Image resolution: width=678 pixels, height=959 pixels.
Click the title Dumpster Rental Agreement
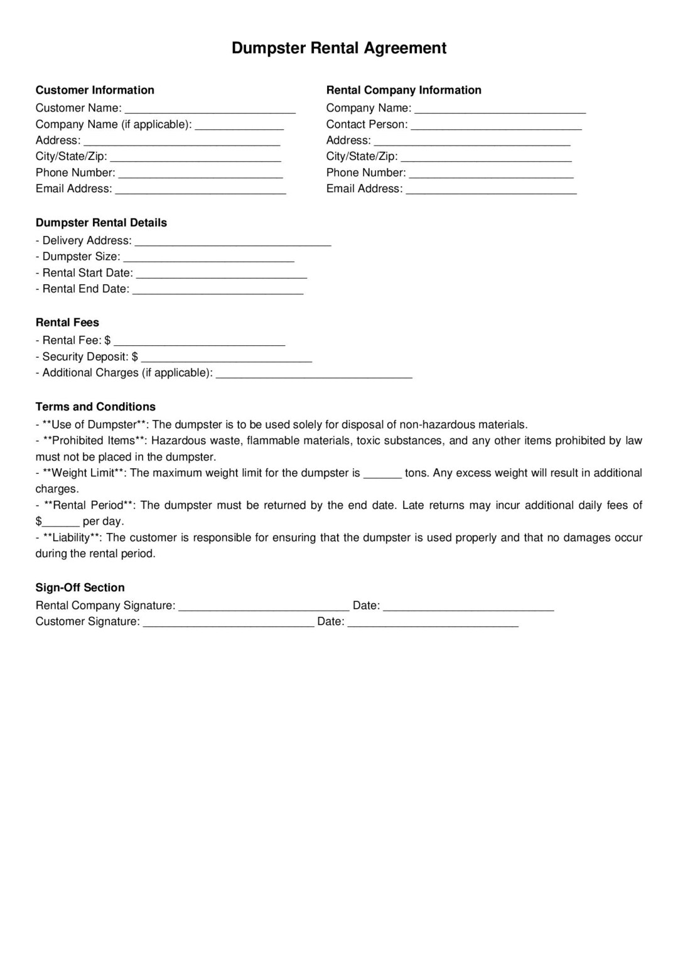pos(339,48)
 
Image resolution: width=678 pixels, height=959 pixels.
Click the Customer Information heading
pos(95,90)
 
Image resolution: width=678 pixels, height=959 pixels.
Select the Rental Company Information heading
pos(404,90)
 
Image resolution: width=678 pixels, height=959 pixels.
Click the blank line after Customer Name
pos(210,109)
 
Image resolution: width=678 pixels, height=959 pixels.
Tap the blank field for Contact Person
pos(496,126)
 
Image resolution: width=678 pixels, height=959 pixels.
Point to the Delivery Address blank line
pos(233,242)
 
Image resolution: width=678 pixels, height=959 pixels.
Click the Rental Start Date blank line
pos(222,274)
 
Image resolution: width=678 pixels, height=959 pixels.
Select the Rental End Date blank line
pos(218,290)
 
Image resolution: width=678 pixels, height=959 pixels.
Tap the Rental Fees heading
pos(67,323)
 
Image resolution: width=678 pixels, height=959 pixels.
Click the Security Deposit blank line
pos(227,358)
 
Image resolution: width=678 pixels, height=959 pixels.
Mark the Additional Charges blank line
pos(314,374)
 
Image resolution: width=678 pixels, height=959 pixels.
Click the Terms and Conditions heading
pos(95,407)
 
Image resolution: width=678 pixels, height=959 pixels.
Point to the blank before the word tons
pos(382,474)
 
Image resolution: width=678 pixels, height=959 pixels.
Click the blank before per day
pos(61,523)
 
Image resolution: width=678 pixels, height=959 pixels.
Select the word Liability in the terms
pos(72,538)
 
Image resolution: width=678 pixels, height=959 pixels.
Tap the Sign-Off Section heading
pos(80,587)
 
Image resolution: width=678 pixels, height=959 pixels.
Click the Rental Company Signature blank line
pos(264,607)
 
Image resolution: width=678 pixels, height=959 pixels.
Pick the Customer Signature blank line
pos(229,623)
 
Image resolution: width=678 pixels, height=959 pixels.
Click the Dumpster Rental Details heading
pos(101,223)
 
